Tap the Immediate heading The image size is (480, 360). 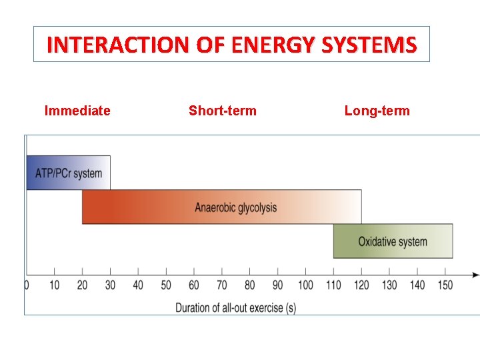pyautogui.click(x=77, y=111)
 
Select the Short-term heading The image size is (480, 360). pyautogui.click(x=222, y=111)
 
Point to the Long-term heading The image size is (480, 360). pyautogui.click(x=377, y=111)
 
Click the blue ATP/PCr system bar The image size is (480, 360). pyautogui.click(x=68, y=173)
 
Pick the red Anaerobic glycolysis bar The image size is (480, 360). pyautogui.click(x=222, y=207)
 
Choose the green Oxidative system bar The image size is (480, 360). pyautogui.click(x=393, y=241)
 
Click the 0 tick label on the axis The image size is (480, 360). pyautogui.click(x=27, y=285)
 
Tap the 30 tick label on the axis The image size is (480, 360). pyautogui.click(x=110, y=285)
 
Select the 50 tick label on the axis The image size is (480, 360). pyautogui.click(x=166, y=285)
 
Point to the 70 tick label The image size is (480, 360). pyautogui.click(x=222, y=285)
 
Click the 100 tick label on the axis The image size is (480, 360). pyautogui.click(x=305, y=285)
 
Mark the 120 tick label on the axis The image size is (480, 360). pyautogui.click(x=361, y=285)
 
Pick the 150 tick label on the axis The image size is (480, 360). pyautogui.click(x=445, y=285)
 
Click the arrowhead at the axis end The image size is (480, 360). pyautogui.click(x=475, y=275)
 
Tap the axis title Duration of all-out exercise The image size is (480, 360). pyautogui.click(x=235, y=307)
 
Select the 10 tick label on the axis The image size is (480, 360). pyautogui.click(x=54, y=285)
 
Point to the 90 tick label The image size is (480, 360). pyautogui.click(x=277, y=285)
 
